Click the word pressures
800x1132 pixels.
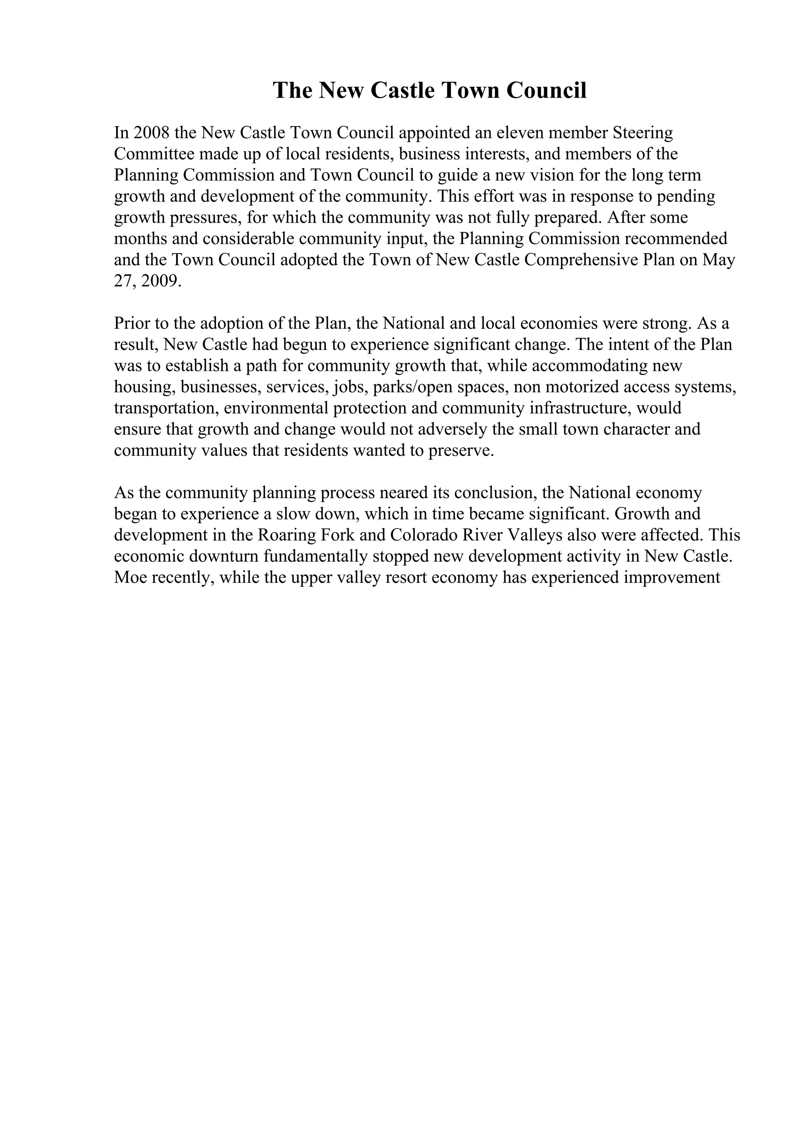[x=202, y=218]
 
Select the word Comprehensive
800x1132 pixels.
[x=582, y=260]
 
